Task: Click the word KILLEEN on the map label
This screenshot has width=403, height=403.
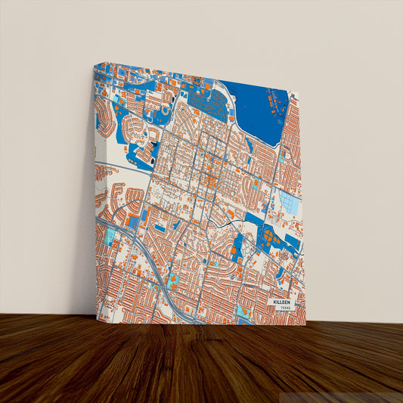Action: point(282,301)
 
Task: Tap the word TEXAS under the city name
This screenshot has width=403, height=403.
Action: point(284,308)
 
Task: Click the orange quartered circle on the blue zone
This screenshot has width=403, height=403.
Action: point(270,236)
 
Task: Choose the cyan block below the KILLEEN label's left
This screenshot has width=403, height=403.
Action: point(243,311)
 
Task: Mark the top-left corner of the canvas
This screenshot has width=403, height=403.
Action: point(95,65)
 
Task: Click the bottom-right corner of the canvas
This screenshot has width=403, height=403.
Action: point(305,324)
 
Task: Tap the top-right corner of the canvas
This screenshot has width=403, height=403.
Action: point(298,94)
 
